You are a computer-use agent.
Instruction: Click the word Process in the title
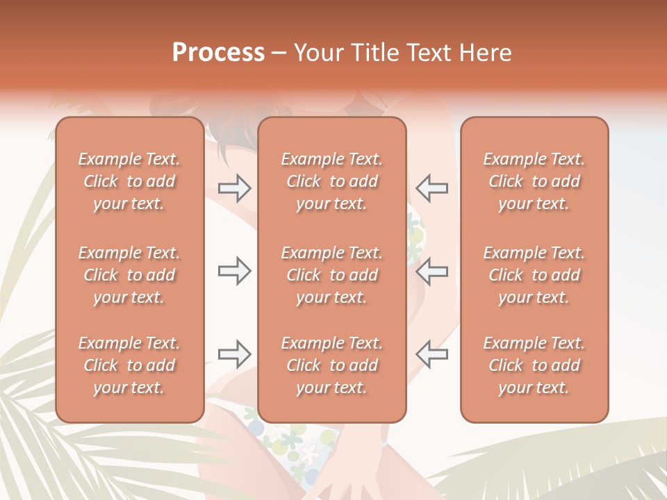point(218,53)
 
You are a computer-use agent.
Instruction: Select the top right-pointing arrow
point(235,188)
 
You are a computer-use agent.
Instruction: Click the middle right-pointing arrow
point(235,272)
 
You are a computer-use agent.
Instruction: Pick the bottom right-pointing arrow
point(235,354)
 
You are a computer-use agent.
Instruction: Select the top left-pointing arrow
point(432,188)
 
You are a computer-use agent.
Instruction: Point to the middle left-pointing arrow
point(432,272)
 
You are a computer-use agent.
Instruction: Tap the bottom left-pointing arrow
point(432,354)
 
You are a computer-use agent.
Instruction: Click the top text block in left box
point(129,181)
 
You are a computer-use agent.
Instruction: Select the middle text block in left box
point(129,275)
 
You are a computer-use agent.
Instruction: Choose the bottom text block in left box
point(129,365)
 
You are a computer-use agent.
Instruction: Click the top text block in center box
point(332,181)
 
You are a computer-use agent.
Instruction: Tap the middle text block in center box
point(332,275)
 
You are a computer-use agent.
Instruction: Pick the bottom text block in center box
point(332,365)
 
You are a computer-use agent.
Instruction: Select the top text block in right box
point(534,181)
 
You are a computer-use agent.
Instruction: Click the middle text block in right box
point(534,275)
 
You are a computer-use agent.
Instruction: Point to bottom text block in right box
point(534,365)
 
